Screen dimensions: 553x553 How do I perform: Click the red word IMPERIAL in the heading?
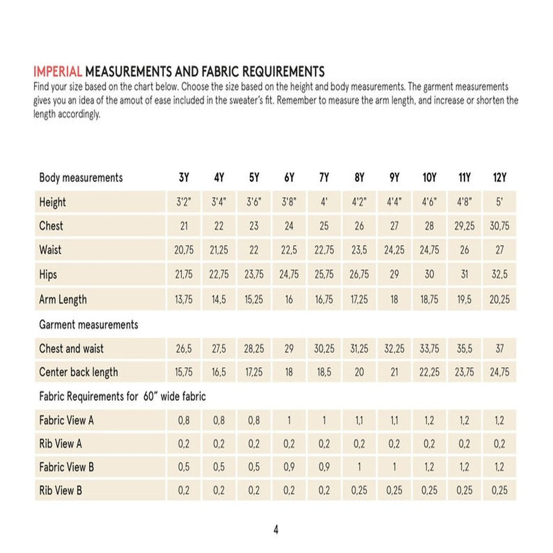point(58,72)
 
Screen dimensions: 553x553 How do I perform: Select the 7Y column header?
point(324,178)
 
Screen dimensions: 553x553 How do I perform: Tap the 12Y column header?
point(499,178)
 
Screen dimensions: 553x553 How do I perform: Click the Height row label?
point(53,202)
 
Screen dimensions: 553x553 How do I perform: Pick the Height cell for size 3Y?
point(184,202)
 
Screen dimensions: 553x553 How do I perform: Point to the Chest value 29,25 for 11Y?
point(465,226)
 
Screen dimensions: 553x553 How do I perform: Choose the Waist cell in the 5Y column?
point(254,250)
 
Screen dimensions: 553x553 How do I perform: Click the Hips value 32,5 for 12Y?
point(499,275)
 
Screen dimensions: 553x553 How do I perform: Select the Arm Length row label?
point(63,300)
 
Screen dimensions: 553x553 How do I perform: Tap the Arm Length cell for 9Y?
point(394,300)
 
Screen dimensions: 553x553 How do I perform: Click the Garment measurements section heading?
point(88,325)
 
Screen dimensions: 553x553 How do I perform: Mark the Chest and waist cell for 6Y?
point(289,349)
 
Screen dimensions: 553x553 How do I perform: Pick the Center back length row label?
point(79,372)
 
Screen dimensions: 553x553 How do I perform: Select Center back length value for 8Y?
point(359,372)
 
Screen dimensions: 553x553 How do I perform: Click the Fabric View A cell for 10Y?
point(429,421)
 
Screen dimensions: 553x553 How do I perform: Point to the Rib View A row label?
point(61,444)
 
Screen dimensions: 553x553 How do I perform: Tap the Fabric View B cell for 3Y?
point(184,467)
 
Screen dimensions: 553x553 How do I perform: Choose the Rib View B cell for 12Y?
point(499,491)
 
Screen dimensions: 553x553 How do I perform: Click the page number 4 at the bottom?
point(276,530)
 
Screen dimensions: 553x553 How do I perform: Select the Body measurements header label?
point(81,178)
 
